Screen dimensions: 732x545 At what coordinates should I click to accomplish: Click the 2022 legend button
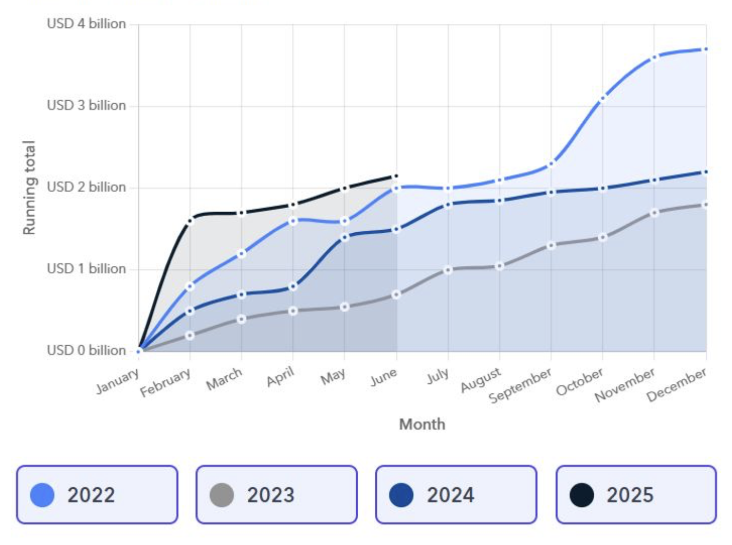[x=97, y=494]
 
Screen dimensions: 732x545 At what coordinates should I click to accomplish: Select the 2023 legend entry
[x=277, y=494]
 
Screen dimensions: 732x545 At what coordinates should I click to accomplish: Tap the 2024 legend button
[x=456, y=494]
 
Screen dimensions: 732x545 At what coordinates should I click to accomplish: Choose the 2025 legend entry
[x=636, y=494]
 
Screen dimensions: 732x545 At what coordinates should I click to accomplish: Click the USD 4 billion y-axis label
[x=87, y=24]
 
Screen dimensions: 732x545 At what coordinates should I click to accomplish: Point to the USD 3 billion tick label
[x=87, y=106]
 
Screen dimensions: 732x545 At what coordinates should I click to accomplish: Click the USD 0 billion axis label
[x=87, y=350]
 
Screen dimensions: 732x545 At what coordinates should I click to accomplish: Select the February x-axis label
[x=165, y=382]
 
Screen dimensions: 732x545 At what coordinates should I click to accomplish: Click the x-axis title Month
[x=422, y=424]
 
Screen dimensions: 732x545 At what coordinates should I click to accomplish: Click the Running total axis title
[x=29, y=187]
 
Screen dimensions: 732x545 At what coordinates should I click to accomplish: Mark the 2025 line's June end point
[x=396, y=177]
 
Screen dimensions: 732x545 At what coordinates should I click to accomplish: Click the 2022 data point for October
[x=602, y=98]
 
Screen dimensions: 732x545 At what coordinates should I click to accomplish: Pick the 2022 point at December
[x=706, y=50]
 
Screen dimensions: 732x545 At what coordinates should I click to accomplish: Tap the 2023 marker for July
[x=448, y=270]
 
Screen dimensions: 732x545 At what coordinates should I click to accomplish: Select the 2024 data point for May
[x=344, y=237]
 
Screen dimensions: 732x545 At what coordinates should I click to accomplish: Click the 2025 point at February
[x=190, y=221]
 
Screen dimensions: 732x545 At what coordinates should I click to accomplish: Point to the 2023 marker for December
[x=706, y=205]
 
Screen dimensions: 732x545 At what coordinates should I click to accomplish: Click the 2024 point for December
[x=706, y=172]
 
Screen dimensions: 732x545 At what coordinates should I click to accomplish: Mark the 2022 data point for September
[x=551, y=164]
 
